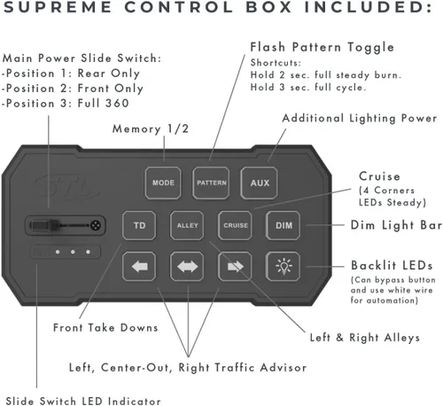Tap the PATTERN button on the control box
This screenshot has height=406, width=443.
click(211, 183)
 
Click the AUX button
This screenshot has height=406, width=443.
click(259, 183)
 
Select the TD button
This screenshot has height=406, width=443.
click(139, 225)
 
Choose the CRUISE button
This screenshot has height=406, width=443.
click(235, 225)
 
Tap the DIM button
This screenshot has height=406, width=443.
click(283, 225)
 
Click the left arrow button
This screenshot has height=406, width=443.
click(139, 267)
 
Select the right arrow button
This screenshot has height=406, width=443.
click(235, 267)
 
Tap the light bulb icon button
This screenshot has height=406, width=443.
click(283, 267)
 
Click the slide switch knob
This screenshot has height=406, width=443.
click(54, 225)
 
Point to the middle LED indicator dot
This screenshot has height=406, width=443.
click(73, 252)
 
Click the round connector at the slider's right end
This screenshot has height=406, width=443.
click(96, 225)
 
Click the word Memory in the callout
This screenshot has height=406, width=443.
click(136, 129)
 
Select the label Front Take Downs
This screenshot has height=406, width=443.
click(105, 328)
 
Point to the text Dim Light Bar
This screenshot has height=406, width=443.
click(396, 225)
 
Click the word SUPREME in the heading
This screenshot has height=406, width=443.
click(58, 7)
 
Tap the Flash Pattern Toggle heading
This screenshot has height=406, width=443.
click(322, 47)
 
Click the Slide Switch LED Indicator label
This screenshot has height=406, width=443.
click(83, 402)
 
